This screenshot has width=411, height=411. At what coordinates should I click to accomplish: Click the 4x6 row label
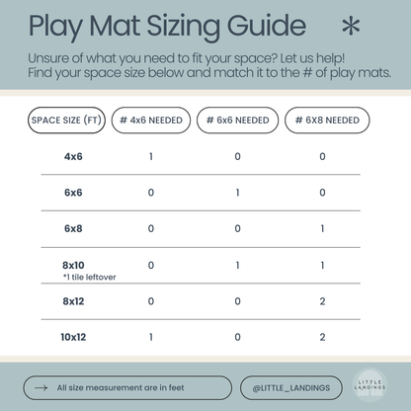73,156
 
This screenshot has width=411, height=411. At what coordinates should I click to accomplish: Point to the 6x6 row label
73,193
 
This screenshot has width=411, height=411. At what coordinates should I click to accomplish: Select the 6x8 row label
73,228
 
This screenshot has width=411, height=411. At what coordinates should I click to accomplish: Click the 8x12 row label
74,300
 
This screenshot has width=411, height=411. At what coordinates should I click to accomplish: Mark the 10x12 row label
74,336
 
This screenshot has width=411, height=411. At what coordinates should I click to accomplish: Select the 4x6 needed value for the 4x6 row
150,156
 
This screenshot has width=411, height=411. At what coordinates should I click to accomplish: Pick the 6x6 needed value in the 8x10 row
237,265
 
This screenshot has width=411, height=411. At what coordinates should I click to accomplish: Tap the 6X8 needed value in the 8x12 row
322,300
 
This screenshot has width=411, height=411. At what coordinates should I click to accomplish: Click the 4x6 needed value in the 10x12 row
150,336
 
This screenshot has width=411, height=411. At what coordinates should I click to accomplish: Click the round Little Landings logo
370,386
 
